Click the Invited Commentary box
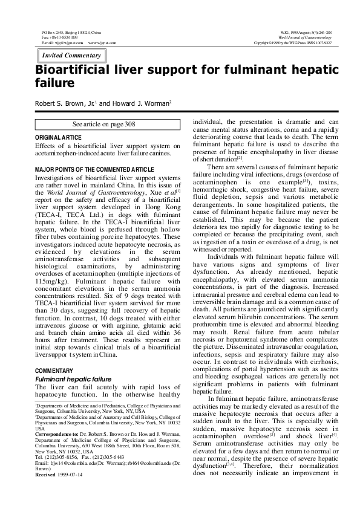[71, 56]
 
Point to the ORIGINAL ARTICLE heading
[59, 138]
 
